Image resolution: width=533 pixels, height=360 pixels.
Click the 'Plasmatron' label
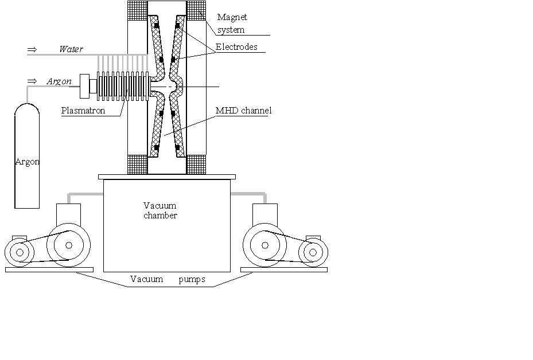pyautogui.click(x=83, y=111)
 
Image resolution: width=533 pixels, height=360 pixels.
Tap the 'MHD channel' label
pyautogui.click(x=243, y=111)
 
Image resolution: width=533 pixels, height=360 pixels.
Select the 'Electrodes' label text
pyautogui.click(x=236, y=47)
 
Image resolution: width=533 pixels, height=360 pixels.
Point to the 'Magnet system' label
pyautogui.click(x=232, y=23)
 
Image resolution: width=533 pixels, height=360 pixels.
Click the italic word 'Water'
pyautogui.click(x=71, y=49)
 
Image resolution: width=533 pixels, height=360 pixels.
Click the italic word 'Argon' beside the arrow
pyautogui.click(x=59, y=81)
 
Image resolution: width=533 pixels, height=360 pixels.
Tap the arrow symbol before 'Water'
pyautogui.click(x=32, y=49)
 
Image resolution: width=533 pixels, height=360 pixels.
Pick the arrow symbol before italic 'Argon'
pyautogui.click(x=32, y=81)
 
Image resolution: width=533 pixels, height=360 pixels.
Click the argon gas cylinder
pyautogui.click(x=27, y=156)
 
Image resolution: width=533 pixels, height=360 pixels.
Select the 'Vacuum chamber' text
pyautogui.click(x=159, y=210)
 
